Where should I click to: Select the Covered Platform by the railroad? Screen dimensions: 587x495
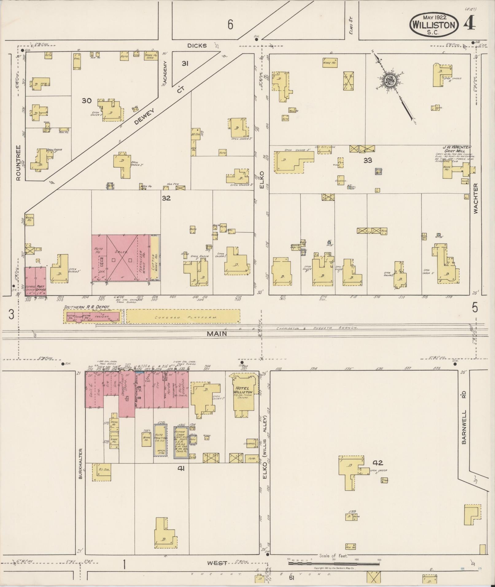pyautogui.click(x=183, y=316)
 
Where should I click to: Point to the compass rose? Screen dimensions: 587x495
pyautogui.click(x=389, y=81)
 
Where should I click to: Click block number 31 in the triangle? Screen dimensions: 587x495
pyautogui.click(x=185, y=64)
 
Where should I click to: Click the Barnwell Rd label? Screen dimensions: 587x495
pyautogui.click(x=464, y=427)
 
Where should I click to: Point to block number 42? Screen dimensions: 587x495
pyautogui.click(x=378, y=463)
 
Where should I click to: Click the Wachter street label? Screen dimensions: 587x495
pyautogui.click(x=476, y=199)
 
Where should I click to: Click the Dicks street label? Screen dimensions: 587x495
pyautogui.click(x=197, y=45)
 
